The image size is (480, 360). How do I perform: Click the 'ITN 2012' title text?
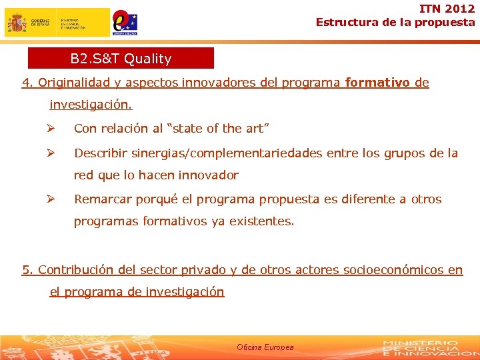pyautogui.click(x=447, y=9)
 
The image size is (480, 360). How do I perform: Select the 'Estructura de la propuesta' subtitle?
pyautogui.click(x=395, y=22)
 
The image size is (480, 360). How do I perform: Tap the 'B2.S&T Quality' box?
pyautogui.click(x=121, y=59)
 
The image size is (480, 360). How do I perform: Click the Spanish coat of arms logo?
pyautogui.click(x=17, y=23)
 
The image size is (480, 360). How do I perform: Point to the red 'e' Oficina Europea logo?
pyautogui.click(x=125, y=22)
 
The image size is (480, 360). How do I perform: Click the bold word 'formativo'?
pyautogui.click(x=377, y=83)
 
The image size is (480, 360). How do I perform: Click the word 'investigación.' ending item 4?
pyautogui.click(x=91, y=105)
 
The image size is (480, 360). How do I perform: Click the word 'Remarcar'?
pyautogui.click(x=103, y=199)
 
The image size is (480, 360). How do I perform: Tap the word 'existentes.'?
pyautogui.click(x=261, y=221)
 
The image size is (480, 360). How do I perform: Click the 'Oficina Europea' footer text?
pyautogui.click(x=265, y=347)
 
